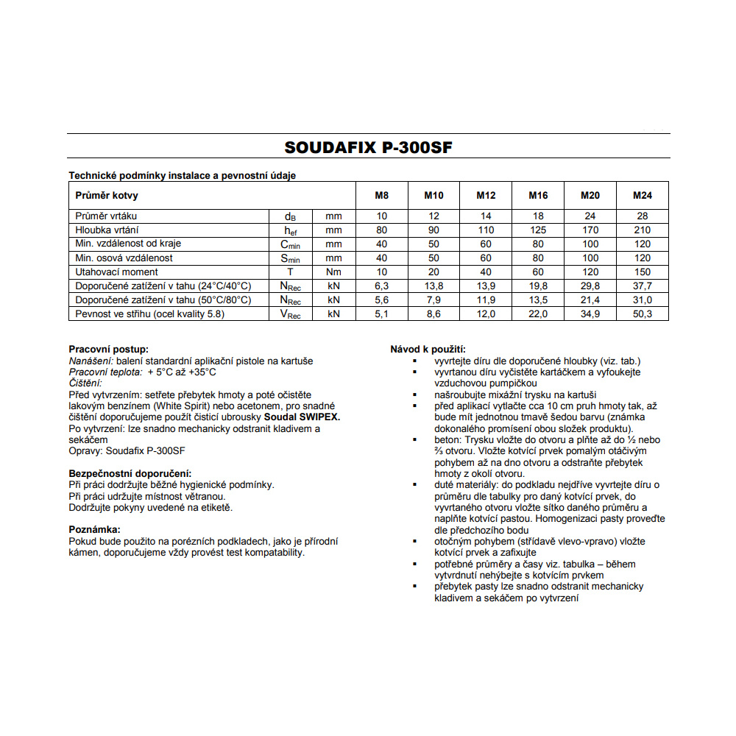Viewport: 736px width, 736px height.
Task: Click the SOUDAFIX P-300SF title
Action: click(x=368, y=147)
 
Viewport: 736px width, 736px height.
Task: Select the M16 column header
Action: click(x=538, y=195)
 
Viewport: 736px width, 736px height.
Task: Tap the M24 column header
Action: click(x=642, y=195)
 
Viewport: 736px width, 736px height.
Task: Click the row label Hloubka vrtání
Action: click(x=107, y=230)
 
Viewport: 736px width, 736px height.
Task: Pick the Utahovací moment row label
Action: click(x=117, y=272)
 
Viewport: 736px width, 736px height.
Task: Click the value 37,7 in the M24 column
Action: click(x=642, y=286)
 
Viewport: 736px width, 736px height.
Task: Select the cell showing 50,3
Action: click(x=642, y=314)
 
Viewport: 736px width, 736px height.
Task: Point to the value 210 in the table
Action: click(x=642, y=230)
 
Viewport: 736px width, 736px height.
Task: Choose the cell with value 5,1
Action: click(x=381, y=314)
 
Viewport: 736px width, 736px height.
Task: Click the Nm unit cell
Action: click(x=334, y=272)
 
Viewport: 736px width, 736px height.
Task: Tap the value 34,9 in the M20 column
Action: click(x=590, y=314)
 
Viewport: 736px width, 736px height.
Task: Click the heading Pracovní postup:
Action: click(x=108, y=349)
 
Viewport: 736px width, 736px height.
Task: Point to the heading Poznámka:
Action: click(x=94, y=529)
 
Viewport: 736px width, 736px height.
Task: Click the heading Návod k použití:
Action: click(x=428, y=349)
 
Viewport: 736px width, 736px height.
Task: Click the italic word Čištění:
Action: click(x=85, y=383)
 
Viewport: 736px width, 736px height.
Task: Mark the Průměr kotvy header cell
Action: click(x=107, y=195)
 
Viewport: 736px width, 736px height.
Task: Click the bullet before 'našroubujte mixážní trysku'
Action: click(x=415, y=394)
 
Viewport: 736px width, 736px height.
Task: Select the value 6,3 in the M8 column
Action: click(x=381, y=286)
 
